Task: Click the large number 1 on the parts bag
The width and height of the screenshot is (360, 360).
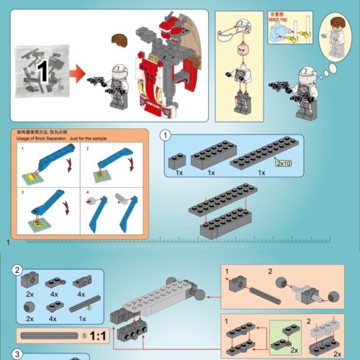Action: click(42, 70)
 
